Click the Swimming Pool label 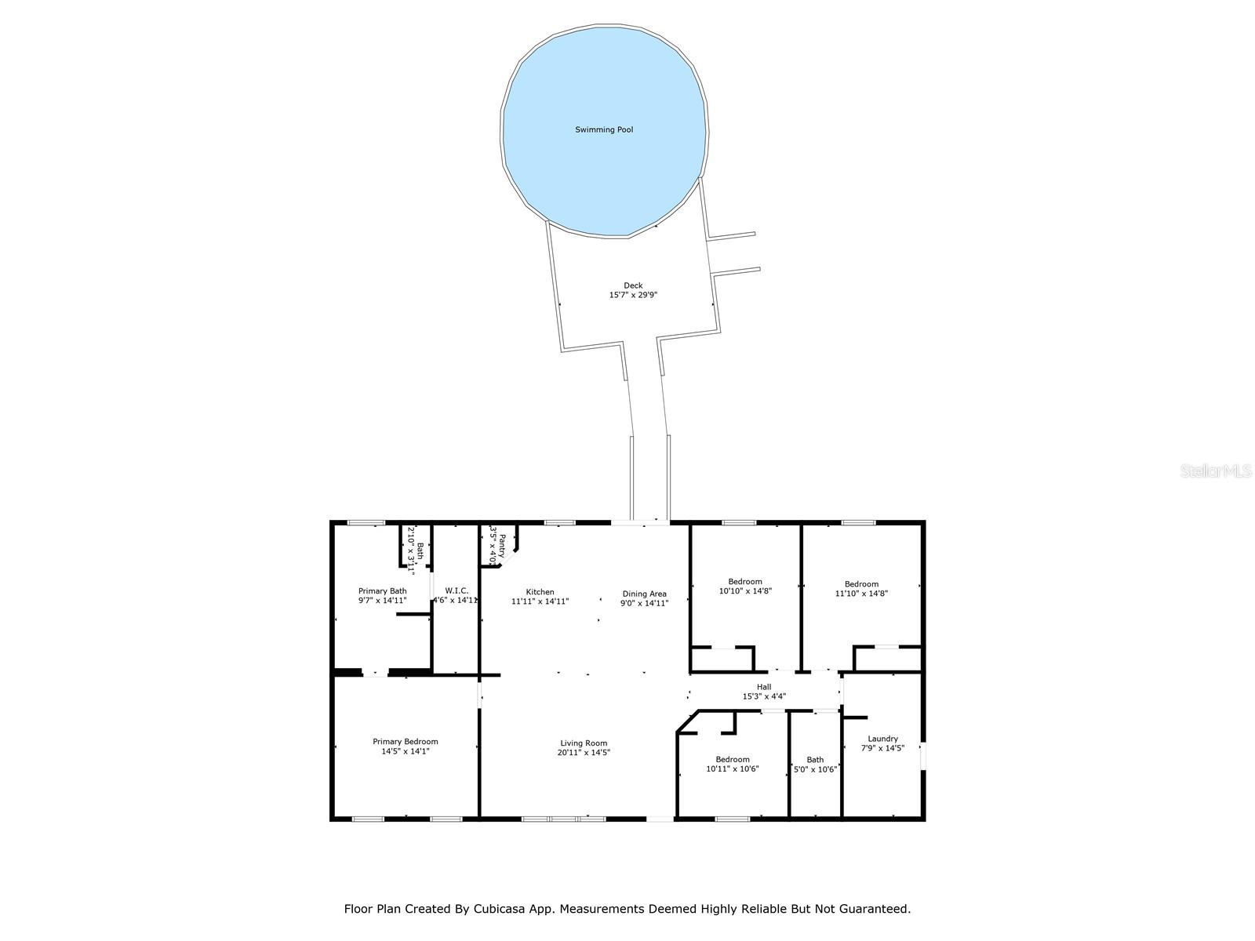(604, 129)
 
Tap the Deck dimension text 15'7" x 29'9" (632, 296)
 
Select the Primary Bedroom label (405, 741)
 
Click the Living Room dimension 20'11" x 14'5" (584, 753)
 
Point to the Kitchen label (540, 592)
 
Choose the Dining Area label (645, 594)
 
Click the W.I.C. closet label (457, 590)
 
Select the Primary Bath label (382, 590)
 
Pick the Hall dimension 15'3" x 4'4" (764, 696)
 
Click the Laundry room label (882, 739)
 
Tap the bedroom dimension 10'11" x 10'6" (733, 769)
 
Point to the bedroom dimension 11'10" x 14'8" (861, 594)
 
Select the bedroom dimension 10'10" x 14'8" (745, 591)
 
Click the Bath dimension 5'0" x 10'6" (815, 769)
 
